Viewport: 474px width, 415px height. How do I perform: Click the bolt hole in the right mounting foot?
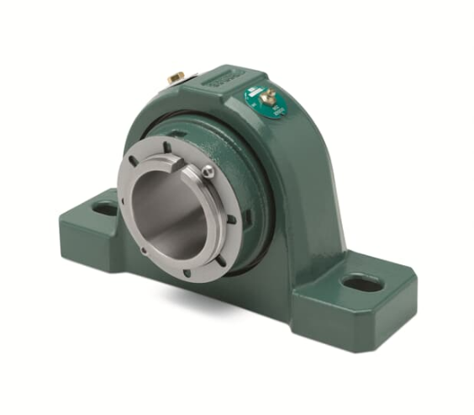tap(364, 284)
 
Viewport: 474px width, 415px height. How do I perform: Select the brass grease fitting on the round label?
tap(267, 98)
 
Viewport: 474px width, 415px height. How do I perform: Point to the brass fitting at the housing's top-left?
tap(176, 77)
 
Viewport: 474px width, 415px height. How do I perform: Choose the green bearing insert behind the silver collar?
tap(244, 177)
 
